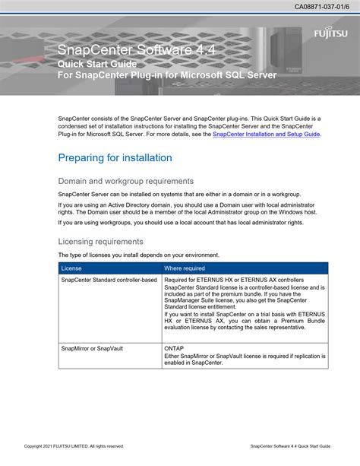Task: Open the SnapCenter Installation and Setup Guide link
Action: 267,134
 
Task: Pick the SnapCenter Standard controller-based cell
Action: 109,280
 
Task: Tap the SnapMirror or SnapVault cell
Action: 92,347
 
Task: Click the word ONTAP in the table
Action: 174,347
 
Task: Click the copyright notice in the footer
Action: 74,446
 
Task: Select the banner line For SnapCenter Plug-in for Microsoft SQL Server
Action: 167,76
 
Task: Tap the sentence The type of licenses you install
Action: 139,255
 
